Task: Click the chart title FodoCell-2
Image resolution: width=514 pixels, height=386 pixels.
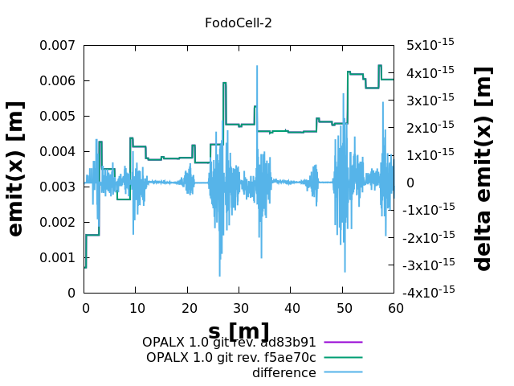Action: coord(239,23)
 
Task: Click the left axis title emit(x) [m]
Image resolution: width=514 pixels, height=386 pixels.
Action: coord(15,169)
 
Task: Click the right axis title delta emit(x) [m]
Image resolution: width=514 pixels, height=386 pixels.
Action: coord(483,169)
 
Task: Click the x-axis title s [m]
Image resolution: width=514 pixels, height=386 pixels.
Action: coord(239,331)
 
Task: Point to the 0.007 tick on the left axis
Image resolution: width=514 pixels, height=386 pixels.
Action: coord(58,45)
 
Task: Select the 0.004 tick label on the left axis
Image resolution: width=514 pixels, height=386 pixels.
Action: coord(58,151)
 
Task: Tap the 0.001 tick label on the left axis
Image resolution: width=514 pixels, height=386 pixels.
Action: coord(58,257)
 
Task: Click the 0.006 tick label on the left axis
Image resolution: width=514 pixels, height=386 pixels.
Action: coord(58,80)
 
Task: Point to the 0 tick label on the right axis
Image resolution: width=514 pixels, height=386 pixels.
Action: coord(410,183)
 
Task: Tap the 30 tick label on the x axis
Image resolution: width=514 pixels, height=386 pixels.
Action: coord(240,308)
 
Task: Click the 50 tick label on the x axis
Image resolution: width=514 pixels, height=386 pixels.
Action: coord(343,308)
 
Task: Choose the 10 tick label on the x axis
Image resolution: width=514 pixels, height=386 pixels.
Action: coord(137,308)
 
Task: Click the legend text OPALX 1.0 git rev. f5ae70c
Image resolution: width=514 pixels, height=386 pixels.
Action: coord(231,358)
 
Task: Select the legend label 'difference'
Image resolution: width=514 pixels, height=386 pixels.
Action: coord(284,373)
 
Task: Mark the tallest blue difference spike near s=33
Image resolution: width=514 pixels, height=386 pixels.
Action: coord(257,67)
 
